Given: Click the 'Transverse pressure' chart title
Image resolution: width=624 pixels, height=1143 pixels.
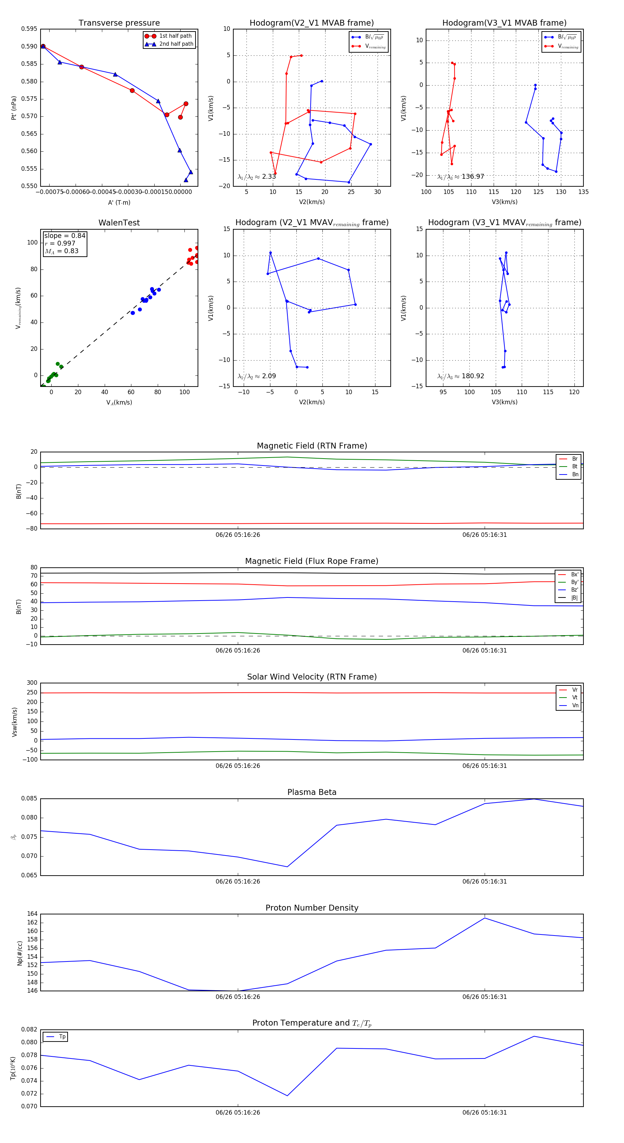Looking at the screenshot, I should pyautogui.click(x=119, y=23).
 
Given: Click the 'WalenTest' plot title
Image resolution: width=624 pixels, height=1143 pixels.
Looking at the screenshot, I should pyautogui.click(x=119, y=223).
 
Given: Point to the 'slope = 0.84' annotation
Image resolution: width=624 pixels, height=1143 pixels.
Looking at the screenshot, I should pyautogui.click(x=64, y=236).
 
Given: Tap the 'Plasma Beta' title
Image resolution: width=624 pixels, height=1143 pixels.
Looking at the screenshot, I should pyautogui.click(x=312, y=792).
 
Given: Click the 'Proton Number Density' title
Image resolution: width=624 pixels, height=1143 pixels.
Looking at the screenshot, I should pyautogui.click(x=312, y=908).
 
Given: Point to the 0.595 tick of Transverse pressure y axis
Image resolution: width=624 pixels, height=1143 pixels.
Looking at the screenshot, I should pyautogui.click(x=29, y=29).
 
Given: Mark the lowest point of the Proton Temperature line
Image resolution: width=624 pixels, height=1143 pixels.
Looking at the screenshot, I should pyautogui.click(x=287, y=1096).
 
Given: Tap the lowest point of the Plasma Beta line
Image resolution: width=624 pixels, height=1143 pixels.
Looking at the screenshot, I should pyautogui.click(x=287, y=867).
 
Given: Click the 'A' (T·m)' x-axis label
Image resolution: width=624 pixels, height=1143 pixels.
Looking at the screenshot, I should pyautogui.click(x=119, y=202).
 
